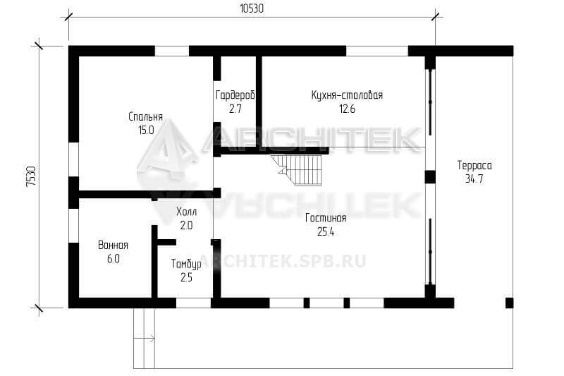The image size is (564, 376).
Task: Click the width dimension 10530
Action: click(252, 8)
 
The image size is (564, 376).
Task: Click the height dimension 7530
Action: click(32, 176)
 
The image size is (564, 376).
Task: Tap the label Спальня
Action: click(146, 116)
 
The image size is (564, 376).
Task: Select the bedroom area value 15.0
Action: click(146, 130)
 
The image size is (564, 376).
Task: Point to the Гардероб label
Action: click(235, 95)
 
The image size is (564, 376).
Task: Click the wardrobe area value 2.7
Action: click(235, 109)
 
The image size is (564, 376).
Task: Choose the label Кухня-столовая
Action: click(347, 95)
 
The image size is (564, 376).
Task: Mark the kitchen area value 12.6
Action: click(347, 109)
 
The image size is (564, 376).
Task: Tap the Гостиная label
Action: click(326, 218)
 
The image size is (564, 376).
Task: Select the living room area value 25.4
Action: click(326, 232)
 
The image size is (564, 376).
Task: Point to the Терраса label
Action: click(474, 165)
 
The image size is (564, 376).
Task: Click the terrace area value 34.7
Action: click(474, 178)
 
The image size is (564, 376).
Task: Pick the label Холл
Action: click(186, 212)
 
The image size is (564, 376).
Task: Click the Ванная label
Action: click(114, 245)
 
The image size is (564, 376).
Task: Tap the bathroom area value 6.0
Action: click(114, 259)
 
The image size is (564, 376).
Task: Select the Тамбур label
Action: click(186, 265)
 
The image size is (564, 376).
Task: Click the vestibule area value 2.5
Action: click(186, 277)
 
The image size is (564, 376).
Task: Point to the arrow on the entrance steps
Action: click(145, 338)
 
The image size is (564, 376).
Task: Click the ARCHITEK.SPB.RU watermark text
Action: click(283, 261)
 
